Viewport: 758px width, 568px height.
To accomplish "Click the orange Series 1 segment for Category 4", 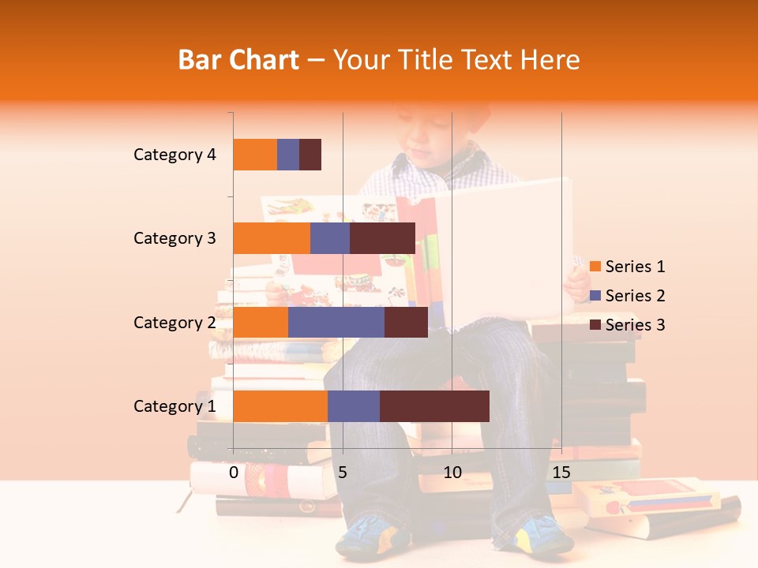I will point(255,155).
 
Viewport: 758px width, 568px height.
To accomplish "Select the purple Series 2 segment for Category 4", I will point(288,155).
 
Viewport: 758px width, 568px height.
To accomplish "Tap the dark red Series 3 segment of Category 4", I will point(310,155).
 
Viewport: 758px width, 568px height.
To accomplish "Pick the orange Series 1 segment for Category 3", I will point(272,238).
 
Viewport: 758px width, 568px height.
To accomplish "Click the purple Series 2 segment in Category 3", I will point(330,238).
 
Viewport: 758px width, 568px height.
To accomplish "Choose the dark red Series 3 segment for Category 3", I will point(382,238).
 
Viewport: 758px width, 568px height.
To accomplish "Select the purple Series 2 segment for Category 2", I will point(336,322).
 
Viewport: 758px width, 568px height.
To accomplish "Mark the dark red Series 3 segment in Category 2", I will point(406,322).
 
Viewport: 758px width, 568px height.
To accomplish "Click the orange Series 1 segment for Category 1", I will point(280,406).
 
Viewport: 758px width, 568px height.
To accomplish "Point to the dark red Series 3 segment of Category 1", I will point(434,406).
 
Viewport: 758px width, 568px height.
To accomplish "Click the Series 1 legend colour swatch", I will point(595,267).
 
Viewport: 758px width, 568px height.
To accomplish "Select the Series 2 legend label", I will point(635,296).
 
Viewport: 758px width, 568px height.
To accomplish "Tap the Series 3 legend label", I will point(635,325).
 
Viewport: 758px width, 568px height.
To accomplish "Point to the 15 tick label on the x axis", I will point(561,473).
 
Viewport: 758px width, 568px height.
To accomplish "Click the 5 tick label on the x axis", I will point(343,473).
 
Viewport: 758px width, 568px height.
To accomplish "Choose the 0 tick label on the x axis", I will point(234,473).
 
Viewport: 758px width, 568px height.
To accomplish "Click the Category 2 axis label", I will point(174,322).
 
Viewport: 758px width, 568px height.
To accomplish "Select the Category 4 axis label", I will point(174,155).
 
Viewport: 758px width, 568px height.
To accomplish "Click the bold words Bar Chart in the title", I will point(238,60).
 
